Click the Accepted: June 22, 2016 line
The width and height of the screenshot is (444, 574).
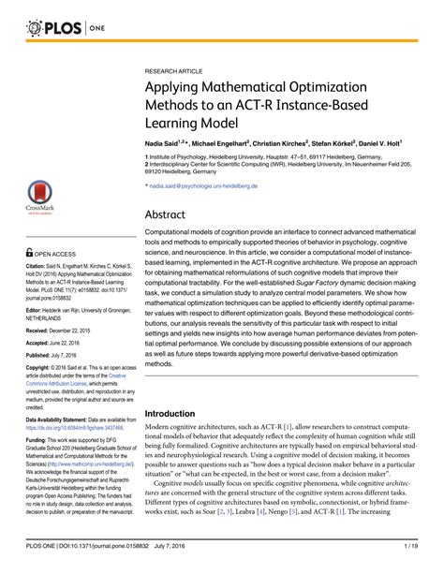49,317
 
